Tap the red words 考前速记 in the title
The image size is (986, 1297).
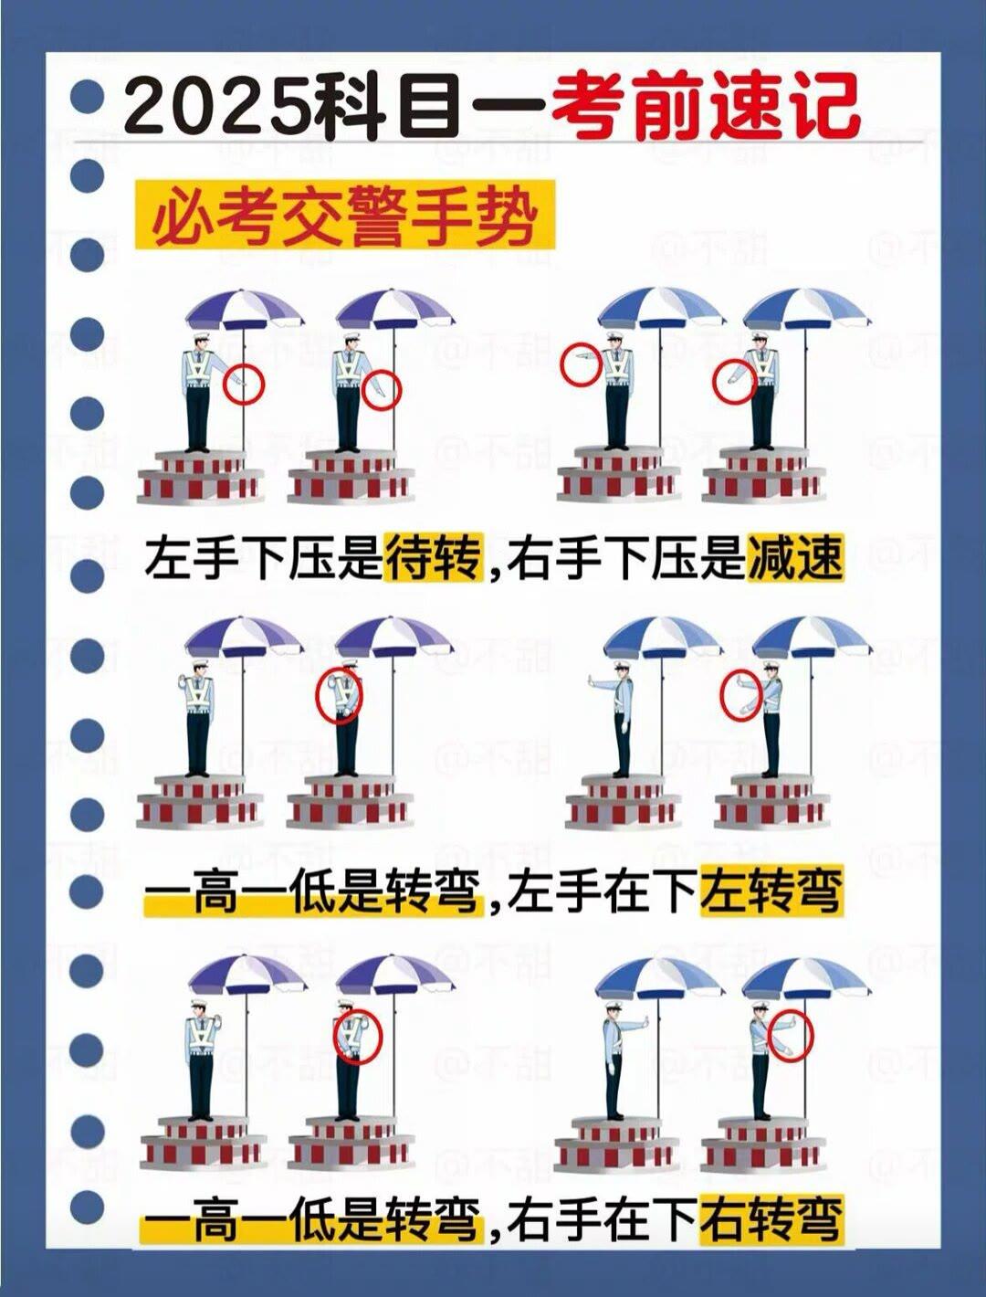tap(703, 108)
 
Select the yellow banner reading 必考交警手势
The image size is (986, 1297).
tap(345, 215)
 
